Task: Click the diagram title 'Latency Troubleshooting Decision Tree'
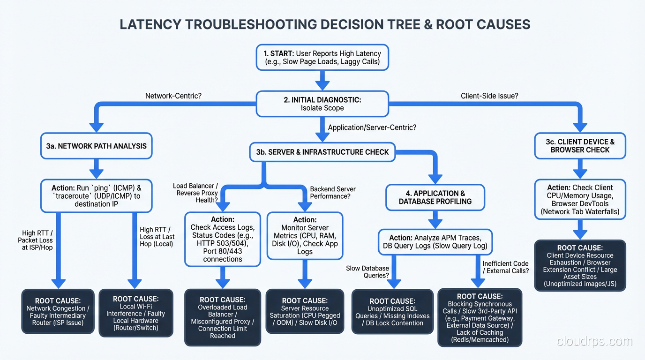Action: [x=325, y=24]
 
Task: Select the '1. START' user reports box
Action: [x=322, y=58]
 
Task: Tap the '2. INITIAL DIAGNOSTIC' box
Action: [x=322, y=104]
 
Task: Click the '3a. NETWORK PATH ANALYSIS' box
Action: [x=96, y=146]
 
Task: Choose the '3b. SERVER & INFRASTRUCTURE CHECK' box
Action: [x=322, y=152]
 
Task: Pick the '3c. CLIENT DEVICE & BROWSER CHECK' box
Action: [x=580, y=146]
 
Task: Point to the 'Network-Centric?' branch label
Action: [x=173, y=96]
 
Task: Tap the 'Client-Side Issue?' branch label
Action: [x=489, y=96]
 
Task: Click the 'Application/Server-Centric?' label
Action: [x=372, y=127]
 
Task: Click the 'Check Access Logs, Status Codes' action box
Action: [x=223, y=239]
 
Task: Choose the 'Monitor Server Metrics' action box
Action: [x=305, y=235]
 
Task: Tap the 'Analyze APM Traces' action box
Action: [x=435, y=241]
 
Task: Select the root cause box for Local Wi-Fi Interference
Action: [x=135, y=313]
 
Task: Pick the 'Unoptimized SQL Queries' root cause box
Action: [x=392, y=312]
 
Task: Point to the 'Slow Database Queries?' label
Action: [x=367, y=272]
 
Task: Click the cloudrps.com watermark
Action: [x=594, y=342]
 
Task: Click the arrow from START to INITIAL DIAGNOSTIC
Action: [x=322, y=80]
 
